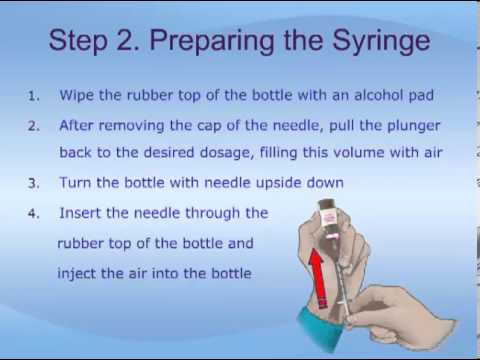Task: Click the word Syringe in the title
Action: pyautogui.click(x=381, y=41)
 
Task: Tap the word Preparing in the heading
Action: pyautogui.click(x=212, y=41)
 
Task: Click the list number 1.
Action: pyautogui.click(x=34, y=96)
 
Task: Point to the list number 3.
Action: pyautogui.click(x=34, y=183)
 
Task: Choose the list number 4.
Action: pyautogui.click(x=34, y=214)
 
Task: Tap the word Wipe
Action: pyautogui.click(x=76, y=96)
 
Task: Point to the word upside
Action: pyautogui.click(x=279, y=183)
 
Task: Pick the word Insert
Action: pyautogui.click(x=80, y=213)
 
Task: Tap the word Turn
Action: pyautogui.click(x=75, y=183)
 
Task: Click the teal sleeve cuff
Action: pyautogui.click(x=320, y=328)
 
